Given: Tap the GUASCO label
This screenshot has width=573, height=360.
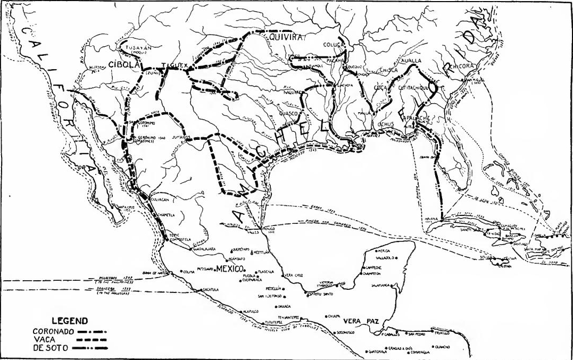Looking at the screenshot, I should pyautogui.click(x=290, y=113).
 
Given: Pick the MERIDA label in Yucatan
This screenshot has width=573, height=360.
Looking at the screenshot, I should pyautogui.click(x=384, y=250).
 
